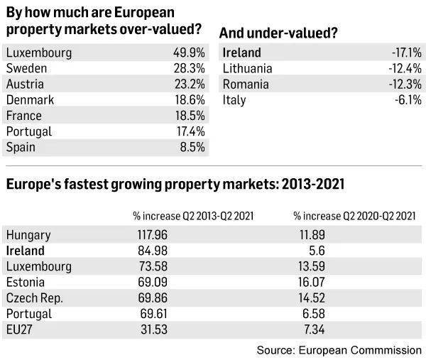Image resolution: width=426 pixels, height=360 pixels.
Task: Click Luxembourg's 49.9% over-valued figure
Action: click(188, 53)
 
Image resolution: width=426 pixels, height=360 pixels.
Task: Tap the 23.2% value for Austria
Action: click(188, 84)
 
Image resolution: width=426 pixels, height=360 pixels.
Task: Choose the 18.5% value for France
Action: click(188, 116)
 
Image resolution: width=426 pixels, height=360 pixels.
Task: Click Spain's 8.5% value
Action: click(191, 147)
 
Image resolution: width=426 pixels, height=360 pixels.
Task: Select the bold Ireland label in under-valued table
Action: click(241, 53)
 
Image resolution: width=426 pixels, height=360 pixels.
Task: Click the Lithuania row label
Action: click(248, 68)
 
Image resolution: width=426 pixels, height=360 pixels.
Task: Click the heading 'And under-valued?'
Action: click(278, 32)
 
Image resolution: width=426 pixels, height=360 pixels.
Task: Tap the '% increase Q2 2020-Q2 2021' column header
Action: click(354, 216)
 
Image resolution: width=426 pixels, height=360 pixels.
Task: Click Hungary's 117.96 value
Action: click(151, 235)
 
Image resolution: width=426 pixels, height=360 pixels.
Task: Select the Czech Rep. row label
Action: click(34, 298)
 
